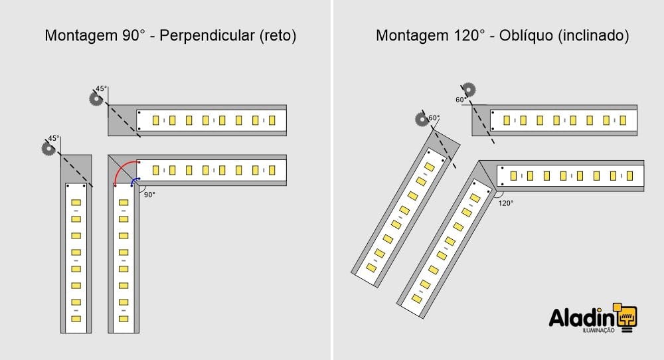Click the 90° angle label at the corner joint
149,195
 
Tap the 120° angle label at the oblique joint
505,203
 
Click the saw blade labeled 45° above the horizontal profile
96,99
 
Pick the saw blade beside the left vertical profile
48,149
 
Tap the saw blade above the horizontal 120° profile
469,90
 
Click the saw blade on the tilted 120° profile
422,120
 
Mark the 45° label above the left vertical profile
53,138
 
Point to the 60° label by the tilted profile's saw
434,118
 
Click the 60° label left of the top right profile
461,100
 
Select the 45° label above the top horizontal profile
101,88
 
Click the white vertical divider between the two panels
331,180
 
